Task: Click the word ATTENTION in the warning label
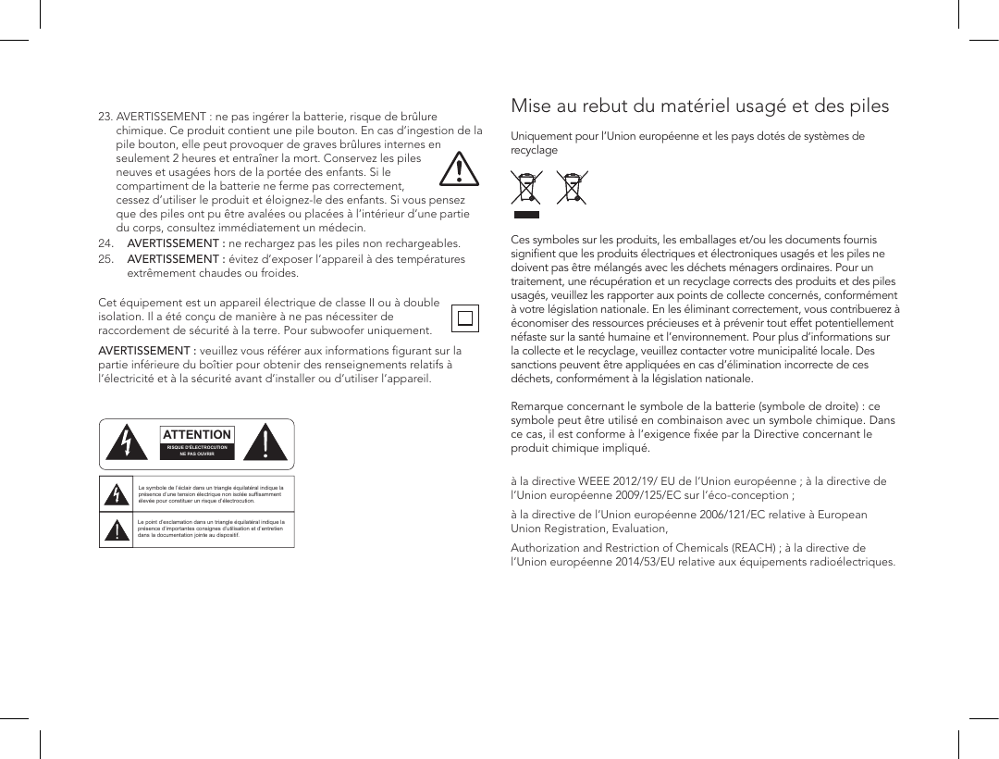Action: click(197, 435)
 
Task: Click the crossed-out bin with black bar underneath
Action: click(526, 191)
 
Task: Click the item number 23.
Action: click(105, 118)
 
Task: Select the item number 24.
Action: click(105, 244)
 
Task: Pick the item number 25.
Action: click(105, 259)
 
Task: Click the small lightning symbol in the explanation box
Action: click(117, 493)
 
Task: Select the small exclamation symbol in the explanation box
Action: click(117, 529)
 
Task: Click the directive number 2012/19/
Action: click(630, 481)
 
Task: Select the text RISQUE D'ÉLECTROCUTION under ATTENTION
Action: click(197, 448)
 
